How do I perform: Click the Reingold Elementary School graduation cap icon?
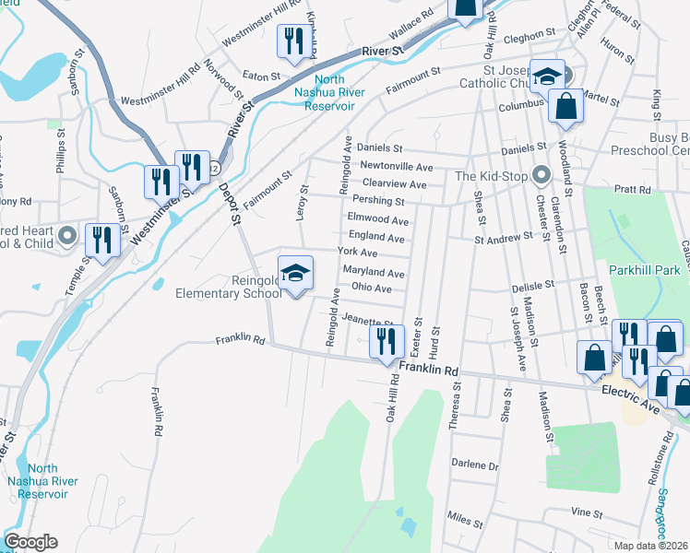click(295, 273)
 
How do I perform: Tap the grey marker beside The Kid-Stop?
click(541, 175)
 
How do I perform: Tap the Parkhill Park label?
click(644, 270)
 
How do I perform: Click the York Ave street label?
click(357, 252)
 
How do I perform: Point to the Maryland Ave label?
click(374, 273)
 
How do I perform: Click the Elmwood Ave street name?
click(377, 220)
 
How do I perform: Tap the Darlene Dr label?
click(474, 465)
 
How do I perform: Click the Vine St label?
click(586, 512)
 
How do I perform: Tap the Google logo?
click(30, 542)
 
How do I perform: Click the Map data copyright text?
click(651, 546)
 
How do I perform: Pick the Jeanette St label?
click(367, 320)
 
